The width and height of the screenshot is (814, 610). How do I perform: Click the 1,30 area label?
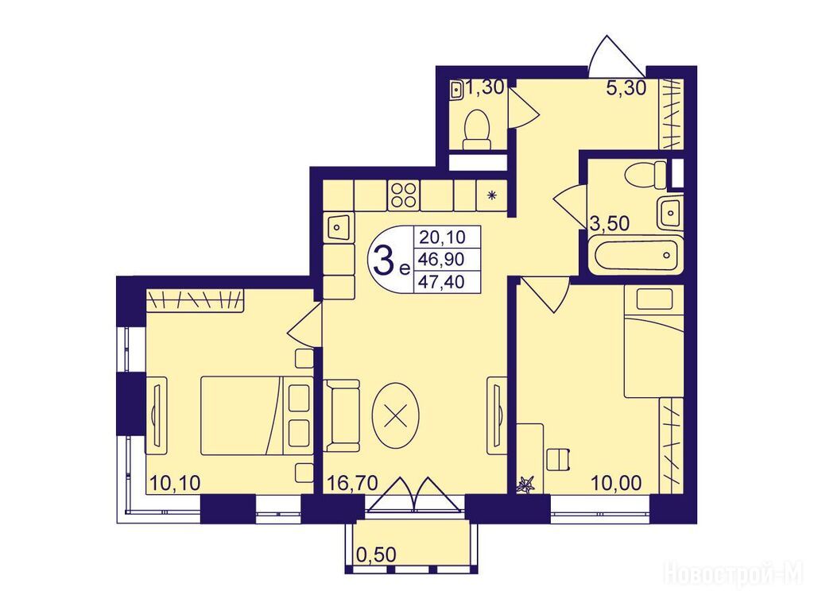(484, 87)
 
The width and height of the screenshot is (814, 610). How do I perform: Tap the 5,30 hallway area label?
(626, 88)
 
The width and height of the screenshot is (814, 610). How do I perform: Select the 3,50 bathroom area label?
(610, 223)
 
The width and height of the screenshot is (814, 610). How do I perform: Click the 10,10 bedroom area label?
(175, 483)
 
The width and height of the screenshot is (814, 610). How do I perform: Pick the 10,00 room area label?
(616, 483)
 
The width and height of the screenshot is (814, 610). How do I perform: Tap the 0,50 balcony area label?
(376, 554)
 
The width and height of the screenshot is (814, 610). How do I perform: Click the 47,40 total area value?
(442, 282)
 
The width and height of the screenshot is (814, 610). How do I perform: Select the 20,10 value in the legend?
(442, 237)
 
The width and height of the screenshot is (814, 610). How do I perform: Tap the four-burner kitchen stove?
(404, 195)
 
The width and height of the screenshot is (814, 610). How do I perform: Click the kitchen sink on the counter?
(338, 226)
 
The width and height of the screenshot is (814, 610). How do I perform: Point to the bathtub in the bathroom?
(635, 254)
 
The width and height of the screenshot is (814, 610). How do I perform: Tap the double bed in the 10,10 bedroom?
(257, 415)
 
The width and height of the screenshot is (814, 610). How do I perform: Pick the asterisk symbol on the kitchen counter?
(491, 195)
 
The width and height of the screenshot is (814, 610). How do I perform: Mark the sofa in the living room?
(342, 415)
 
